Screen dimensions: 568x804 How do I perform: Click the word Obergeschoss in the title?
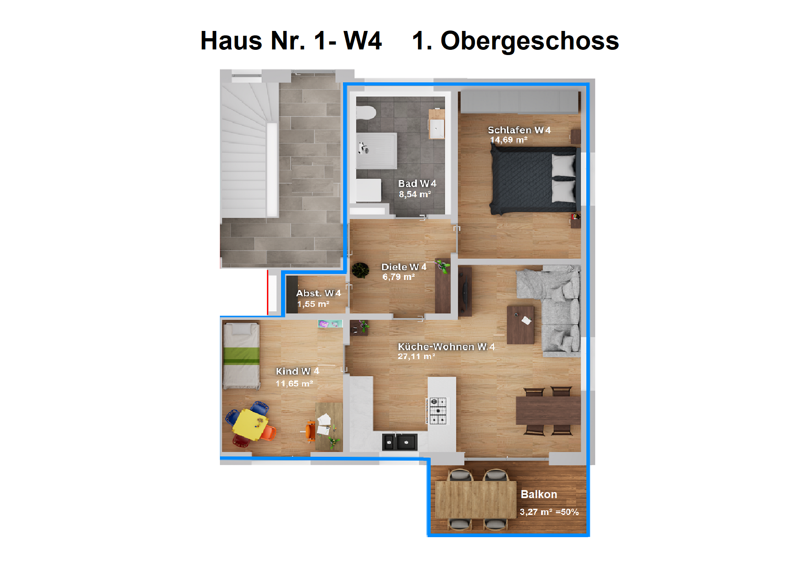[529, 41]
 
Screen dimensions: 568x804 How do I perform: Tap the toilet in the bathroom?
[365, 113]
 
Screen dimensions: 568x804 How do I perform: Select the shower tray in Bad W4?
[377, 151]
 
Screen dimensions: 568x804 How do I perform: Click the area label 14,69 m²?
[509, 140]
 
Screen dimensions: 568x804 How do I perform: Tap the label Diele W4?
[404, 267]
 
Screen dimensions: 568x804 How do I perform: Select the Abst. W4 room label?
[318, 293]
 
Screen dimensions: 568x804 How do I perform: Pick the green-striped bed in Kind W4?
[241, 355]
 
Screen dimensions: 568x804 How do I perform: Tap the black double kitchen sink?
[400, 442]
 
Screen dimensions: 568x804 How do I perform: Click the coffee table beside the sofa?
[521, 325]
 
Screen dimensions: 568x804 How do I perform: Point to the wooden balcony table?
[476, 499]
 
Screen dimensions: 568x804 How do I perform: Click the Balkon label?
[539, 494]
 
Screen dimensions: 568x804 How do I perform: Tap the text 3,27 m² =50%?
[549, 512]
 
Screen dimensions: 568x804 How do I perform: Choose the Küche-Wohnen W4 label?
[446, 347]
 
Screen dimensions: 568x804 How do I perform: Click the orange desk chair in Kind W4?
[310, 431]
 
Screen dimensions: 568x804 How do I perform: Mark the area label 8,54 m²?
[415, 194]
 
